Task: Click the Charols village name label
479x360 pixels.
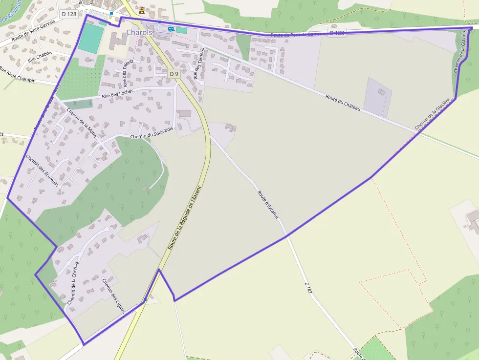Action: click(x=139, y=32)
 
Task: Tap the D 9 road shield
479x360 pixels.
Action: click(x=174, y=73)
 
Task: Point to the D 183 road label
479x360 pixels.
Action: click(x=308, y=287)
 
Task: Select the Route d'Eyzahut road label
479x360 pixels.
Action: click(x=267, y=205)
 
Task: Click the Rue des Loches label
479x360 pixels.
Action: click(x=117, y=94)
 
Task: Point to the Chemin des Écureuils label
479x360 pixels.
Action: click(x=42, y=170)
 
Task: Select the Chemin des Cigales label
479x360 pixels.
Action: click(x=114, y=296)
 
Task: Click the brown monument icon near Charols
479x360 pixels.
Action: click(x=142, y=10)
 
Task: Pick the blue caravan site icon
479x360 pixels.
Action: click(x=171, y=29)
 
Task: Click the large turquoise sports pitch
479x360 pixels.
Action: click(x=91, y=39)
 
